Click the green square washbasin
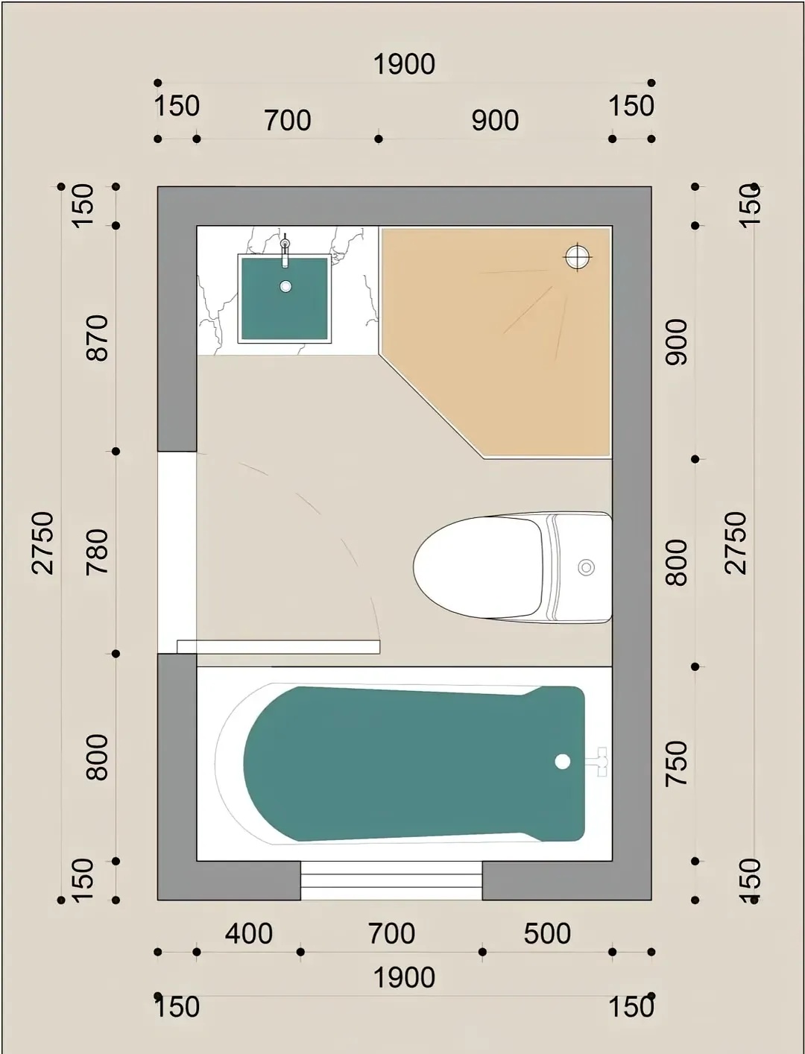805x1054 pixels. pyautogui.click(x=285, y=298)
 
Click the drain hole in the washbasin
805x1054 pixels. pyautogui.click(x=285, y=287)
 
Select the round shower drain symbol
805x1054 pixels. pyautogui.click(x=577, y=257)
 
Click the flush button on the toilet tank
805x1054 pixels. pyautogui.click(x=586, y=567)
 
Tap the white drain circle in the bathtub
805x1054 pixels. pyautogui.click(x=562, y=761)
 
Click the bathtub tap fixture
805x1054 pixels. pyautogui.click(x=597, y=762)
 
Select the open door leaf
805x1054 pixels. pyautogui.click(x=279, y=647)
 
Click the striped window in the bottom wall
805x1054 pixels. pyautogui.click(x=391, y=880)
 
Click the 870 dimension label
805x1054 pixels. pyautogui.click(x=98, y=338)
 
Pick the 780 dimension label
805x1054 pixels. pyautogui.click(x=98, y=552)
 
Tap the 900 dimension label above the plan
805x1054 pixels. pyautogui.click(x=495, y=120)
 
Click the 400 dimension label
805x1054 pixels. pyautogui.click(x=249, y=933)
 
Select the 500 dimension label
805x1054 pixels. pyautogui.click(x=547, y=933)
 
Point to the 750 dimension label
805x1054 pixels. pyautogui.click(x=677, y=763)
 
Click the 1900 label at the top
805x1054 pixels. pyautogui.click(x=404, y=64)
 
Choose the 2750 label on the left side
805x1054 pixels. pyautogui.click(x=42, y=543)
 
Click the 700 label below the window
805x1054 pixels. pyautogui.click(x=392, y=933)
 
